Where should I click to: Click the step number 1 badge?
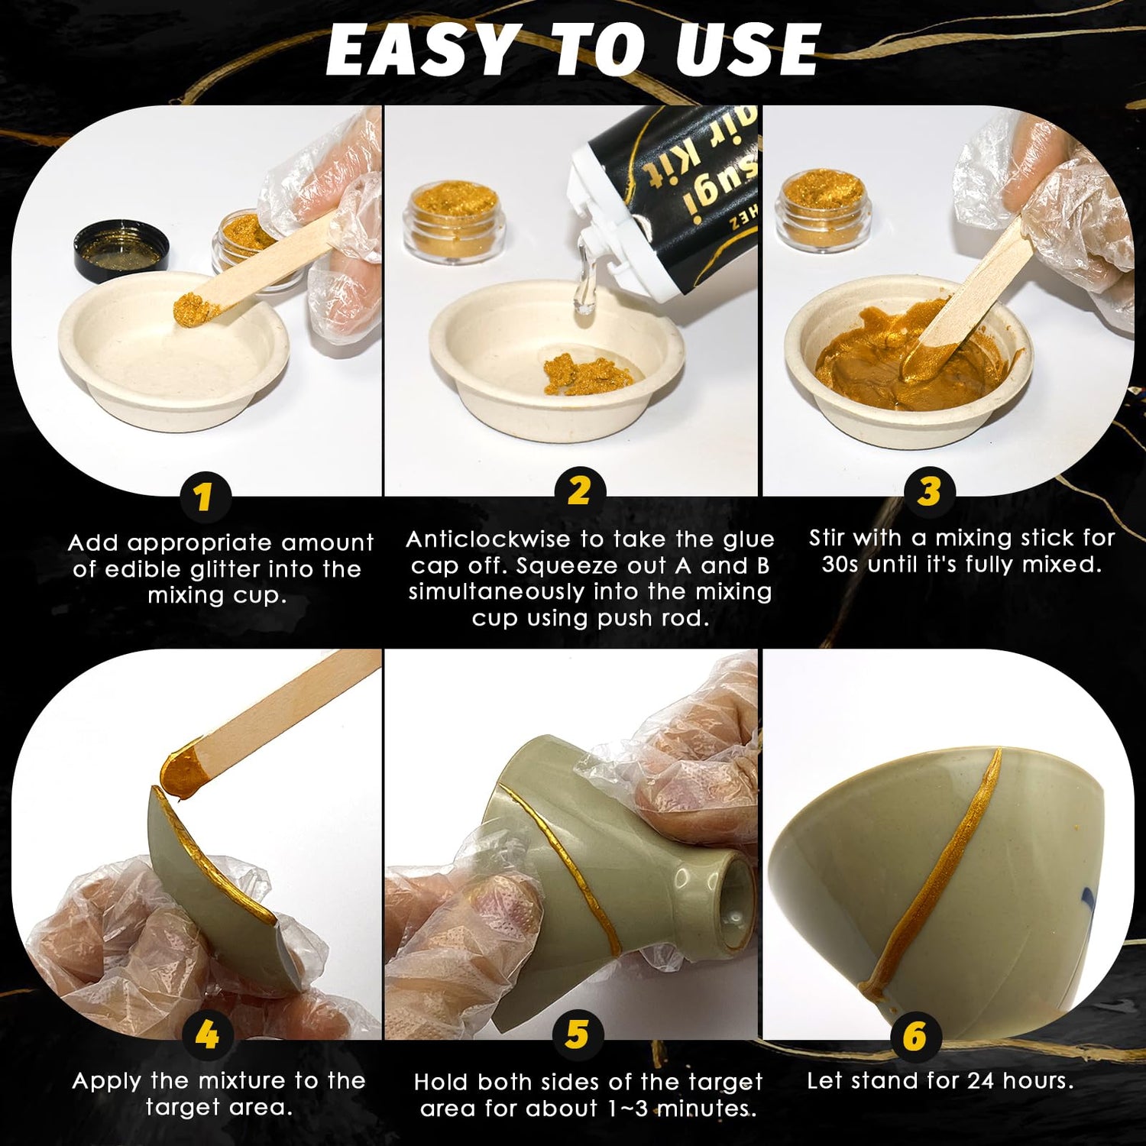[202, 497]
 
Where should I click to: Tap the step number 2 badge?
[580, 490]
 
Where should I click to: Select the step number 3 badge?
[929, 491]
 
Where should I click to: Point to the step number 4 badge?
[207, 1035]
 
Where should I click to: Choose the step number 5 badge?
[578, 1035]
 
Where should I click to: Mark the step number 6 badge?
[915, 1036]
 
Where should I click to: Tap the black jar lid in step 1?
[121, 249]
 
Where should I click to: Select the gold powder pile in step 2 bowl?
[587, 374]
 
